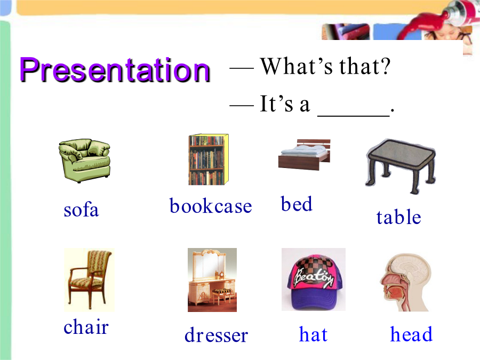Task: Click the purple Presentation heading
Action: (115, 70)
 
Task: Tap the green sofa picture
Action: (84, 161)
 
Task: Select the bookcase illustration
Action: (209, 159)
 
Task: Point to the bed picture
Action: (305, 154)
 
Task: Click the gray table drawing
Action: (401, 166)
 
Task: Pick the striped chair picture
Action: (89, 280)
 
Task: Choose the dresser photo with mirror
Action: (212, 280)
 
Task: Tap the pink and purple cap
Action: (314, 279)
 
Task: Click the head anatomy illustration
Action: (405, 282)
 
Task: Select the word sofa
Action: (81, 210)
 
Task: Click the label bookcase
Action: (211, 206)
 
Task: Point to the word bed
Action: (297, 204)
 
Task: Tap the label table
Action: (398, 217)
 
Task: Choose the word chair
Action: (86, 326)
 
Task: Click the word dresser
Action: (216, 335)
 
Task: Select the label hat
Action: (313, 334)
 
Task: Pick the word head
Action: (411, 334)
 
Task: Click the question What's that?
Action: (325, 66)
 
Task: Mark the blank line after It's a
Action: (354, 116)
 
